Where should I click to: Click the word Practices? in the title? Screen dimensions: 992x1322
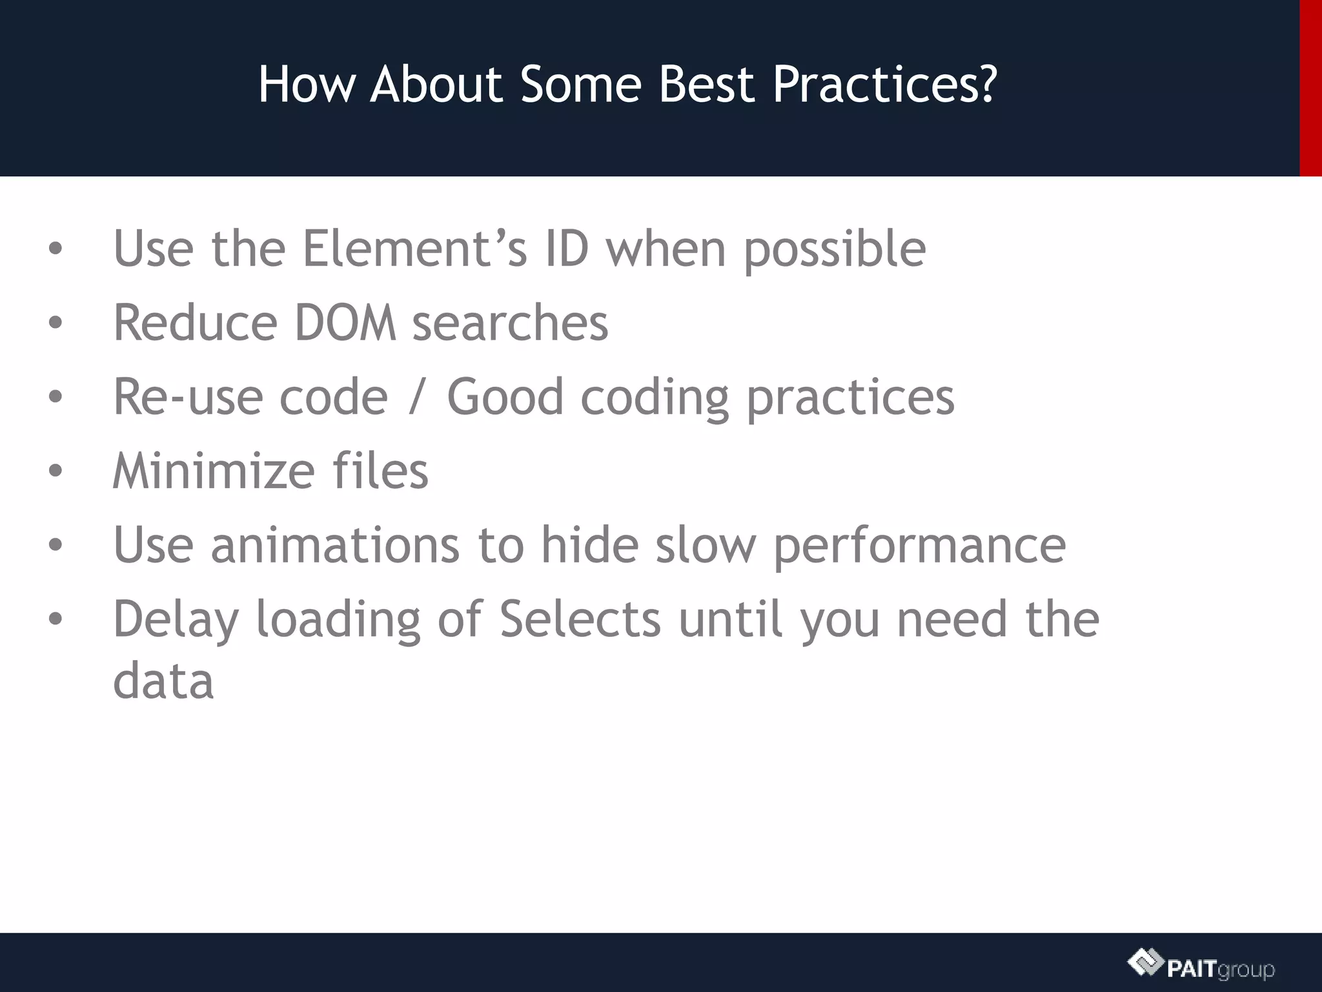point(884,85)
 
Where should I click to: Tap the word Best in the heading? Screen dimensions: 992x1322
point(707,85)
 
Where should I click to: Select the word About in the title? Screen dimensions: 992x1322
point(436,85)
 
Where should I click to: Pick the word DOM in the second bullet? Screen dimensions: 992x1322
point(345,322)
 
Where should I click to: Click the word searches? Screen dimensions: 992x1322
point(510,322)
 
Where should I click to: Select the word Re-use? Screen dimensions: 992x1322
point(187,397)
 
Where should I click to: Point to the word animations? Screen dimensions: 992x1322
point(335,544)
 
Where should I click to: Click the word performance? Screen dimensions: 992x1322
point(919,546)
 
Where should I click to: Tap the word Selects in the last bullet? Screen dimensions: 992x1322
point(580,619)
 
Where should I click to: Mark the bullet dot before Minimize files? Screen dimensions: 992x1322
point(56,471)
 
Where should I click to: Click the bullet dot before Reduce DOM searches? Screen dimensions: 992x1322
point(56,323)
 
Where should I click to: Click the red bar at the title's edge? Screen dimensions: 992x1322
point(1310,88)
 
